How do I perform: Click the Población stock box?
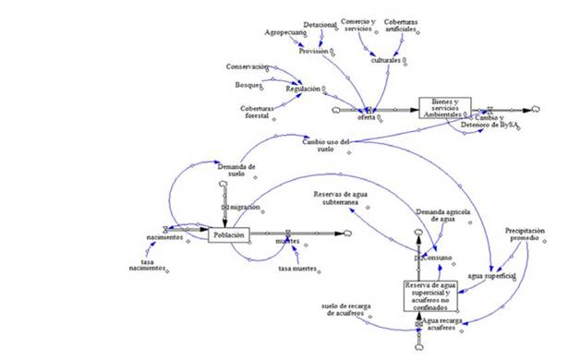(228, 235)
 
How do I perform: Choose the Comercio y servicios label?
(361, 24)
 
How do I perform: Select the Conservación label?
(248, 67)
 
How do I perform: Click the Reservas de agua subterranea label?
(344, 198)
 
